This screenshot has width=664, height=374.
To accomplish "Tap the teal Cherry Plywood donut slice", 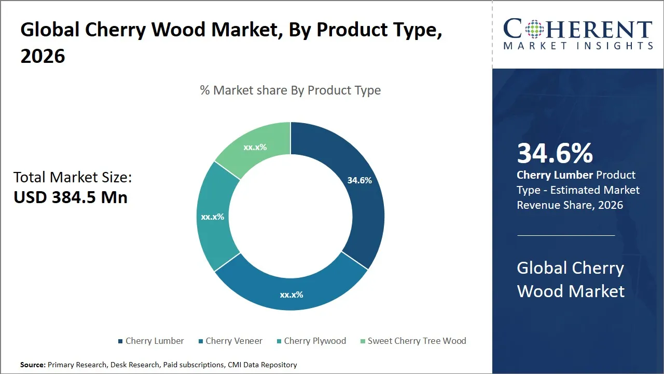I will point(213,218).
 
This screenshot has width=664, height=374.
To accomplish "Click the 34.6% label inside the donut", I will point(359,180).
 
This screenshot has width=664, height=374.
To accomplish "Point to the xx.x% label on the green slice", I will point(255,147).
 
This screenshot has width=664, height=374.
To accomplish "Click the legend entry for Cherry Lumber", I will point(150,341).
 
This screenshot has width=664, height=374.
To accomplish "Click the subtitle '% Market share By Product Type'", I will point(290,90).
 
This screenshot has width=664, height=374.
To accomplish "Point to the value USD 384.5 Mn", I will point(71,197).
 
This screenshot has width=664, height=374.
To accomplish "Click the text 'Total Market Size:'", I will point(73,178).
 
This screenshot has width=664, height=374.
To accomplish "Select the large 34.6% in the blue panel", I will point(555,154).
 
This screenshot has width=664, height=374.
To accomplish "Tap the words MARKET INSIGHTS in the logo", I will point(578,46).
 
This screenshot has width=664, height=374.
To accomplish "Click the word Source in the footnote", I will point(32,365).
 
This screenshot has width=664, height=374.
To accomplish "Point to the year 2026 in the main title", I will point(43,56).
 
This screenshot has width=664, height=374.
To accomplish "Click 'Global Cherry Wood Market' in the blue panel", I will point(571,279).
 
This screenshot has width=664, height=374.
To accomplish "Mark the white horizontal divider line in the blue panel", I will point(566,235).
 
